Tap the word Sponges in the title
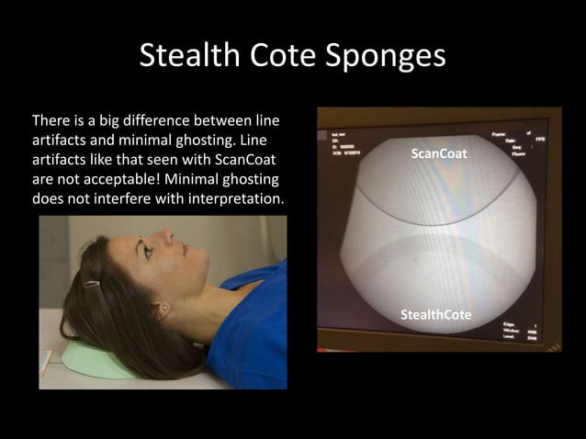390,57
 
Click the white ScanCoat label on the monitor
438,154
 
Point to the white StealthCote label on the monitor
435,315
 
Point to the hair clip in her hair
91,285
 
